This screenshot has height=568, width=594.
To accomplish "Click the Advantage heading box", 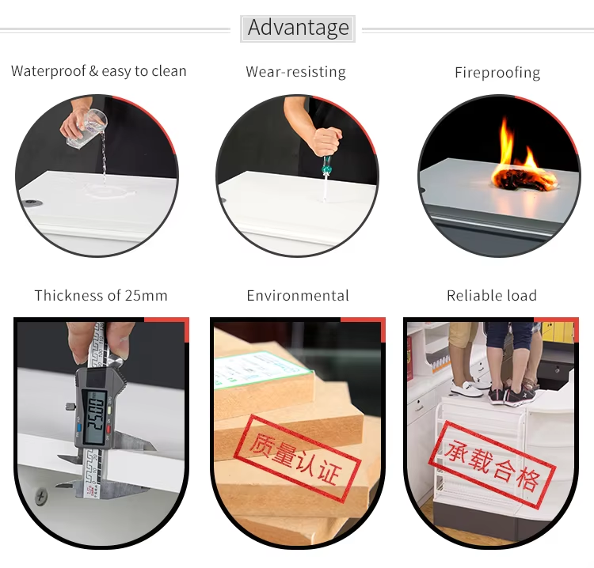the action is click(298, 28).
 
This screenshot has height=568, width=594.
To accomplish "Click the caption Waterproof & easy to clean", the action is click(99, 71).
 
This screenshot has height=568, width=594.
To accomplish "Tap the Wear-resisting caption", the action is click(296, 71).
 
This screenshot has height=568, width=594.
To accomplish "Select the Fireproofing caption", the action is click(497, 72).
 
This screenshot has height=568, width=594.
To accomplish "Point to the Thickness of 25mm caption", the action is click(101, 296).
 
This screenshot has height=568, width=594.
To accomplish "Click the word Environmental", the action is click(298, 296).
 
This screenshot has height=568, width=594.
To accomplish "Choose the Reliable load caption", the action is click(492, 296).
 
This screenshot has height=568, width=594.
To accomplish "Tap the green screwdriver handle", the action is click(326, 165).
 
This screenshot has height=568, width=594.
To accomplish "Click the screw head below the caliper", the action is click(41, 495).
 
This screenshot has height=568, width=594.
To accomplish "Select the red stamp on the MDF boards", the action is click(297, 458).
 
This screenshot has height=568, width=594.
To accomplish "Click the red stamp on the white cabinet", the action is click(492, 464).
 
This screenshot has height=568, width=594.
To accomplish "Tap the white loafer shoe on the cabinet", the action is click(466, 388).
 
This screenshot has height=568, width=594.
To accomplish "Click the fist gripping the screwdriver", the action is click(326, 142).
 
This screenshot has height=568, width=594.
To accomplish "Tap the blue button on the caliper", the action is click(79, 428).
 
